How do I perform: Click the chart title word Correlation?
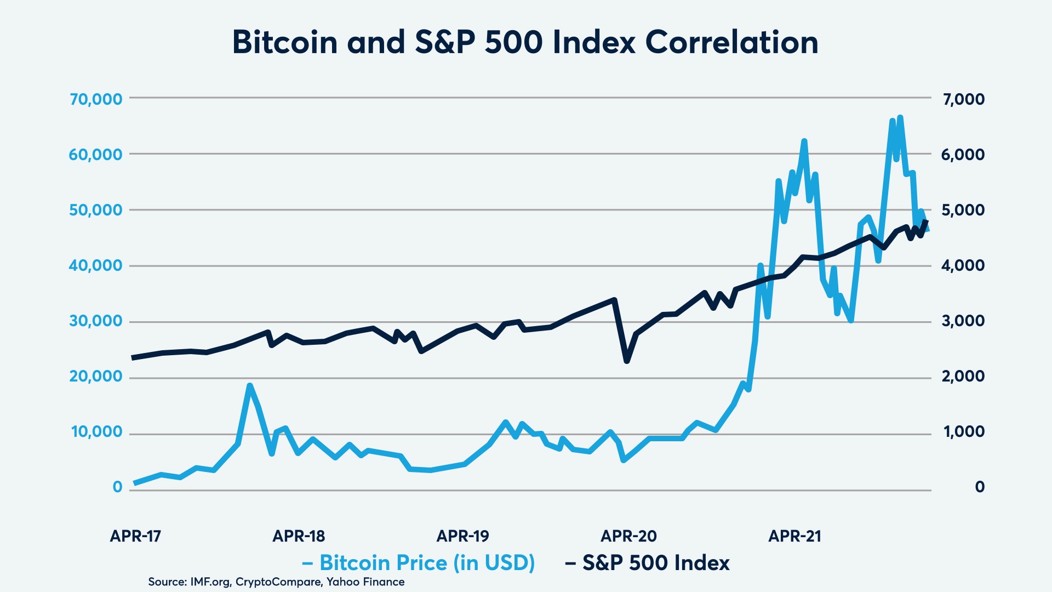tap(731, 42)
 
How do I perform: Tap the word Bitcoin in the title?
tap(285, 42)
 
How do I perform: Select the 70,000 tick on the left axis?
tap(96, 99)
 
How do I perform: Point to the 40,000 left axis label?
tap(96, 265)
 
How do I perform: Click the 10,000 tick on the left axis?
tap(97, 432)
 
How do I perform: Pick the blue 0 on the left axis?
tap(117, 487)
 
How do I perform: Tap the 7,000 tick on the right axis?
tap(963, 99)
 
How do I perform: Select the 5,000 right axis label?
tap(963, 210)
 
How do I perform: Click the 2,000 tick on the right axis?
tap(963, 376)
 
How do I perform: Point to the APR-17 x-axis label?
tap(135, 536)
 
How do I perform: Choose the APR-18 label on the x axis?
tap(299, 536)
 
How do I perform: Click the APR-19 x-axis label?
tap(462, 536)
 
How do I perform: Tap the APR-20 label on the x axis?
tap(628, 536)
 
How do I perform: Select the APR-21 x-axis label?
tap(794, 536)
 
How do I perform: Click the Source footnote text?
tap(276, 582)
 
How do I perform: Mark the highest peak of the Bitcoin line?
tap(900, 117)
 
